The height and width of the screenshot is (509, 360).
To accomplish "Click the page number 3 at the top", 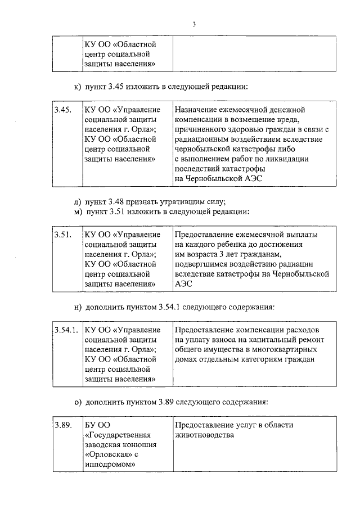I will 194,24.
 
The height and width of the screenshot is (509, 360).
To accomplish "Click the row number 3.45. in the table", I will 62,110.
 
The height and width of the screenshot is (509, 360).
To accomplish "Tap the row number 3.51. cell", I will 62,234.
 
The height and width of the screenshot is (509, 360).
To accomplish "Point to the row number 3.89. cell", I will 62,425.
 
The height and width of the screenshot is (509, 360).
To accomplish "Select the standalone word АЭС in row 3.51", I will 183,285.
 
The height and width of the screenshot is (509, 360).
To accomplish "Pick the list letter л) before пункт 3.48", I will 78,201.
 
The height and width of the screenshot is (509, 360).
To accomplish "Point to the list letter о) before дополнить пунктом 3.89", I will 78,403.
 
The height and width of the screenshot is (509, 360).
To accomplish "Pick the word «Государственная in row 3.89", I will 118,435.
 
